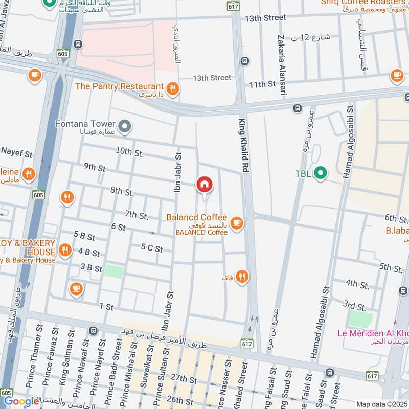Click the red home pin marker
(204, 185)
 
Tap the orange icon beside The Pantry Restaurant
(173, 89)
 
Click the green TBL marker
(320, 173)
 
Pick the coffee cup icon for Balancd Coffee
(236, 222)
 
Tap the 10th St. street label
(130, 152)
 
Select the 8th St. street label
(122, 192)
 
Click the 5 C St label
(152, 249)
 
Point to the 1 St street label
(106, 306)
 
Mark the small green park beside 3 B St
(114, 271)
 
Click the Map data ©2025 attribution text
(381, 404)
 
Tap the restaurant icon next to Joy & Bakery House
(64, 250)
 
